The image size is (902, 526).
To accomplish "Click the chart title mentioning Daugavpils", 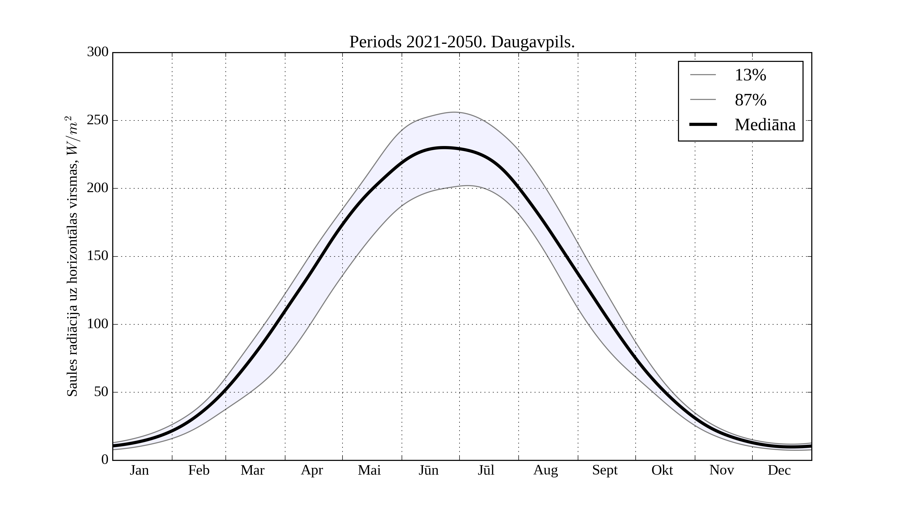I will [x=462, y=42].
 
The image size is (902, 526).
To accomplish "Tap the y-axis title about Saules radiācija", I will [x=73, y=256].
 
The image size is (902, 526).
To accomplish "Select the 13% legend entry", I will [x=750, y=75].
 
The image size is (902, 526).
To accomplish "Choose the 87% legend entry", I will [x=750, y=100].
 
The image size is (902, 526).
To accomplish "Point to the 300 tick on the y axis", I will [x=98, y=52].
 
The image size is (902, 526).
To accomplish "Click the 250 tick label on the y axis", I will [x=98, y=120].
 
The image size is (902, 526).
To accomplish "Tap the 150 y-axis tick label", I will [x=98, y=256].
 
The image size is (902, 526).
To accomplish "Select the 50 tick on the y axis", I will [x=101, y=392].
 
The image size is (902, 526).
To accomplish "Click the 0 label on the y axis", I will [x=105, y=460].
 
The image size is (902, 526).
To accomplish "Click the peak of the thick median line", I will [x=444, y=148].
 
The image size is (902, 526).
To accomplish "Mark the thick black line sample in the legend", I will [x=703, y=124].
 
